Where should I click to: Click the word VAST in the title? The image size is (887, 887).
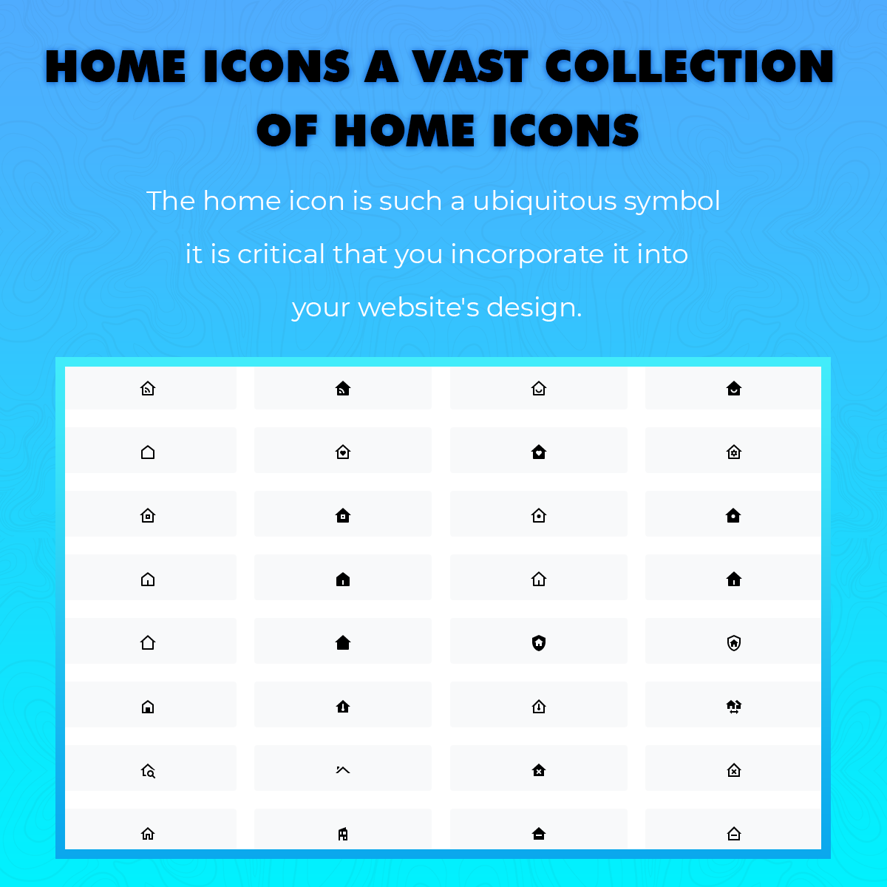[470, 67]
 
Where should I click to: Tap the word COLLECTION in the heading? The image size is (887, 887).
[689, 67]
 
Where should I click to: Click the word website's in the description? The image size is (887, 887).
[418, 307]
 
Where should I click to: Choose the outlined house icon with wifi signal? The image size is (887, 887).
[148, 388]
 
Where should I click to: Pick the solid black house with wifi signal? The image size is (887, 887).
[343, 388]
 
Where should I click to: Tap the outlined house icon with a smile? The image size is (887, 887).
[539, 388]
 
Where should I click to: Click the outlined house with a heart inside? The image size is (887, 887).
[343, 452]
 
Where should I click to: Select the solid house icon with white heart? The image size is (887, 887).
[539, 452]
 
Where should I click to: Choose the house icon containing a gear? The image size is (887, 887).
[734, 452]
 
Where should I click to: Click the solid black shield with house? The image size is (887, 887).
[539, 643]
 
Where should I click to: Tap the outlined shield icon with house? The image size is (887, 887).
[734, 643]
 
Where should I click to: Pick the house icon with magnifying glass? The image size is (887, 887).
[148, 771]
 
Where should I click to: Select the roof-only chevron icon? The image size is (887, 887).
[343, 770]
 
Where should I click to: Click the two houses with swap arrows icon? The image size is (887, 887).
[734, 707]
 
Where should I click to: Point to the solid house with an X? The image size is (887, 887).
[539, 770]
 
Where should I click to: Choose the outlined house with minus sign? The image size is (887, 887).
[734, 834]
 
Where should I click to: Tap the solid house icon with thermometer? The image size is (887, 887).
[343, 707]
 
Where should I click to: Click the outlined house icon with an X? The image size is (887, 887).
[734, 770]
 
